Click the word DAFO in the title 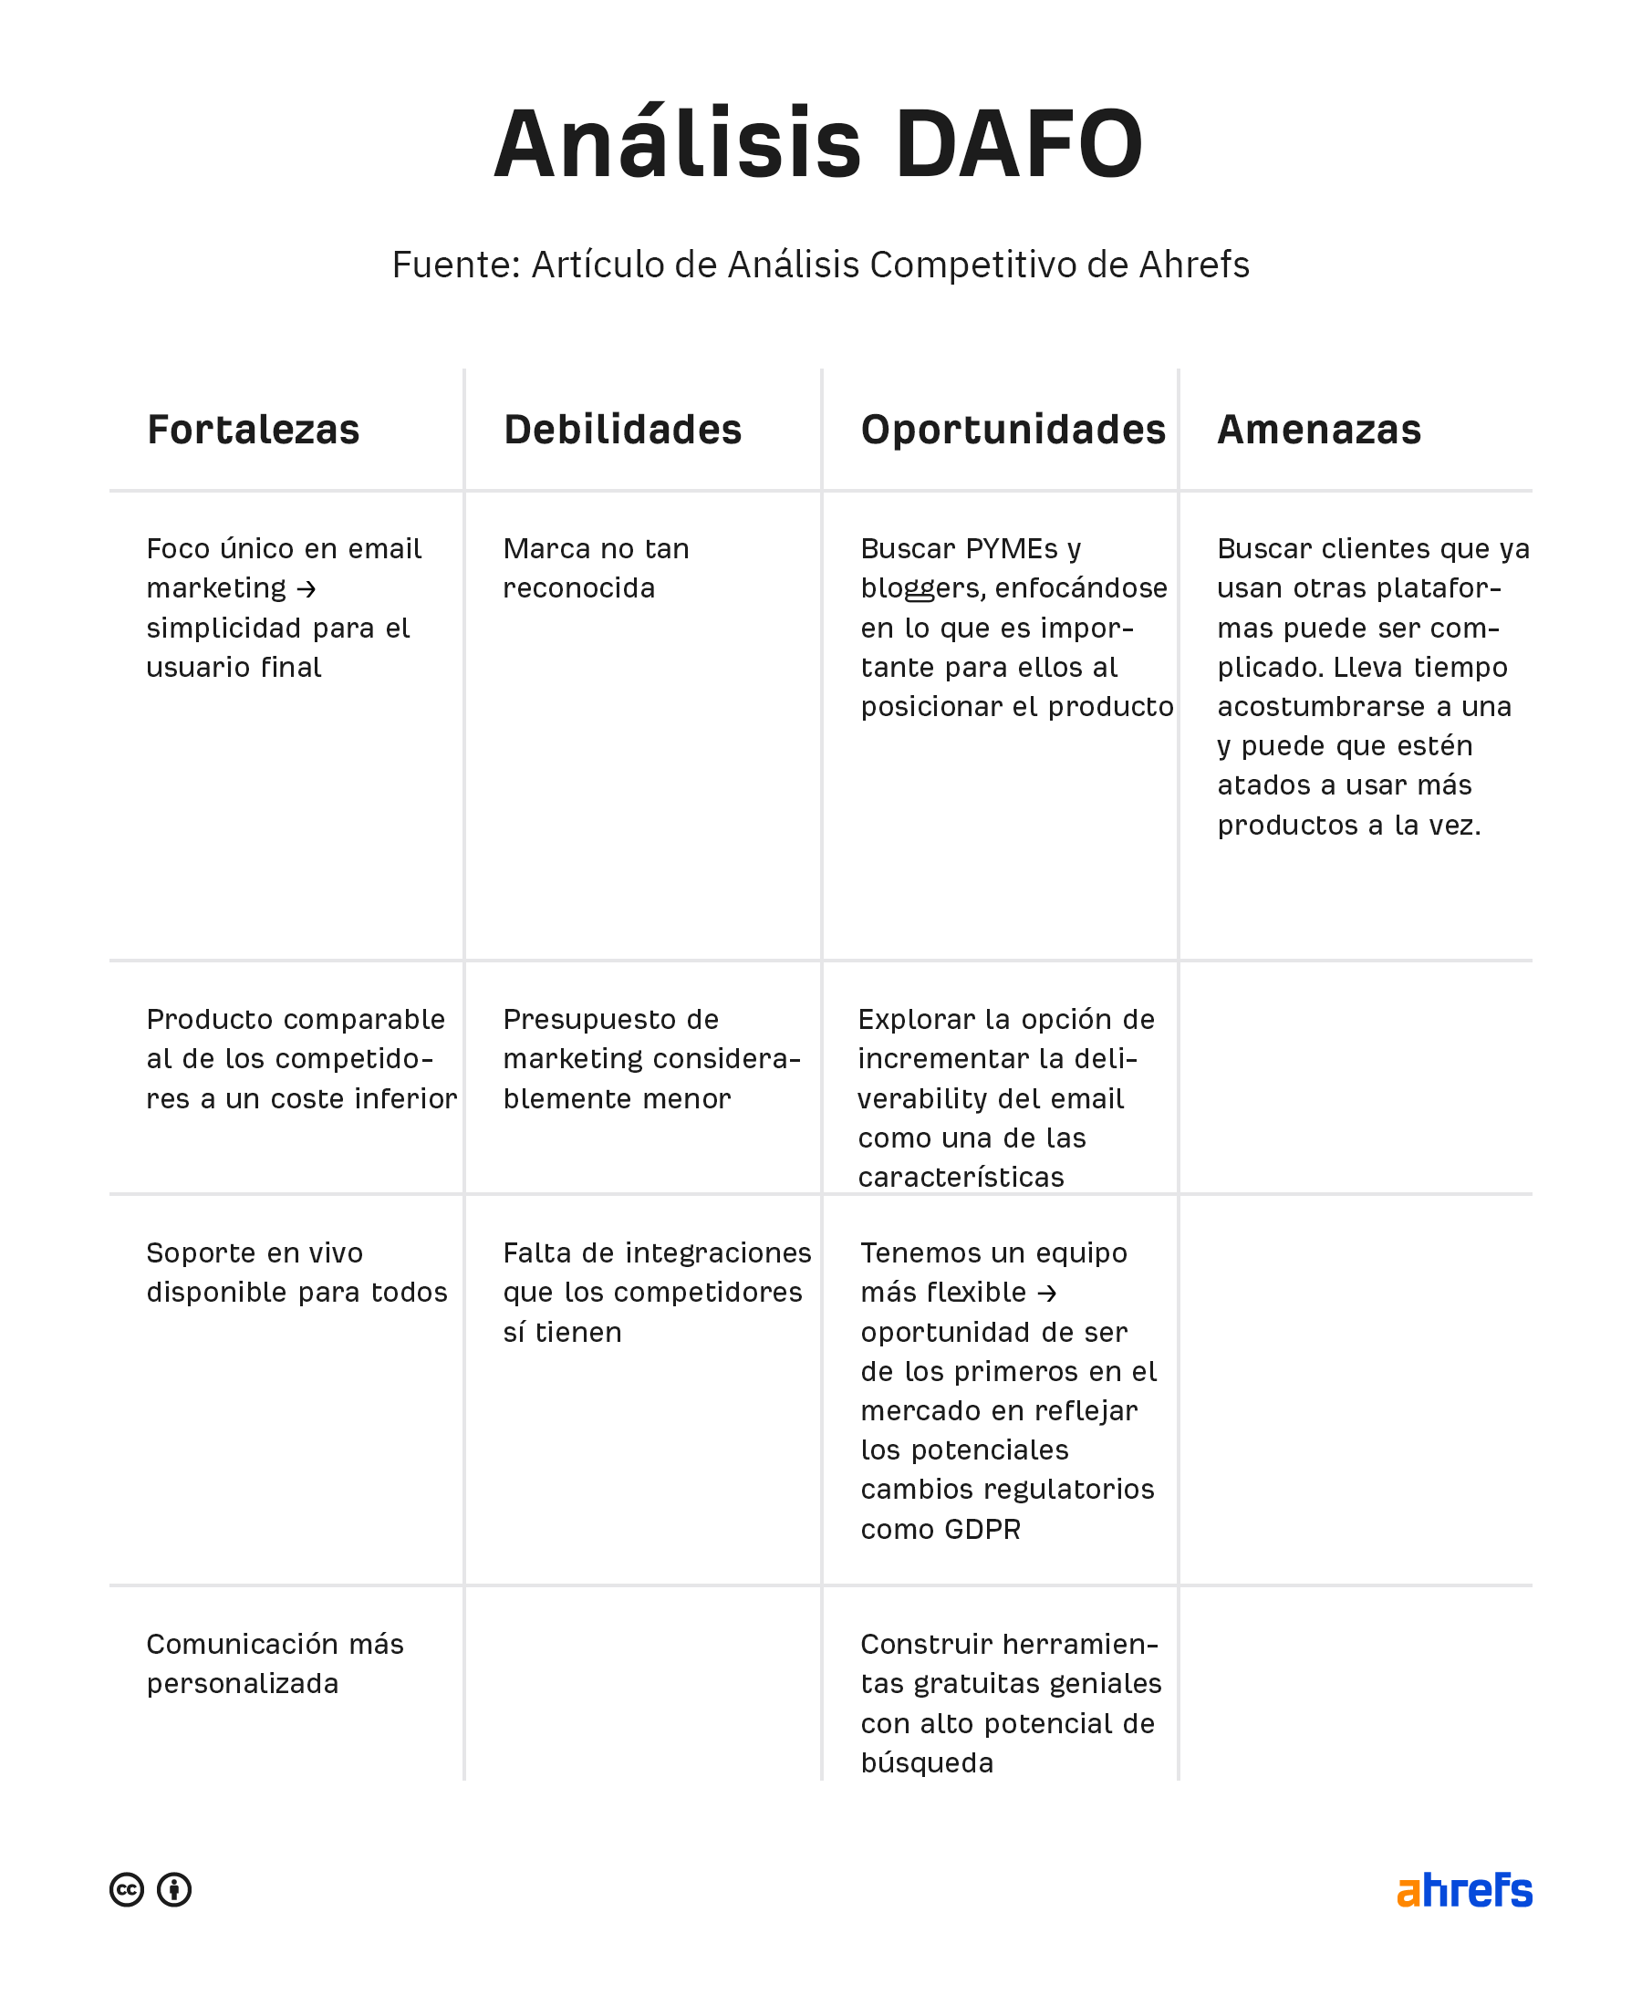click(x=1019, y=145)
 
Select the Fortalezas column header click(x=253, y=431)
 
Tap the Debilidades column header click(x=622, y=431)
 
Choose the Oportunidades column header click(x=1012, y=431)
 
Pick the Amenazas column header click(x=1318, y=431)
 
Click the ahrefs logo click(x=1463, y=1889)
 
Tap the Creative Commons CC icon click(x=127, y=1889)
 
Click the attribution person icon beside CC click(x=174, y=1889)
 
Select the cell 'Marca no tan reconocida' click(x=596, y=568)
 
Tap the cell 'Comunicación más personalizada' click(x=275, y=1663)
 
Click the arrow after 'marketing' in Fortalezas click(x=306, y=589)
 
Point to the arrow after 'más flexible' click(x=1046, y=1293)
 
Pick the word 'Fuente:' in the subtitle click(x=456, y=265)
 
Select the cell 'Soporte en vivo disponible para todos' click(x=296, y=1273)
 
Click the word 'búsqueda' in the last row click(x=926, y=1762)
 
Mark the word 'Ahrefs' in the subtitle click(x=1194, y=265)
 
